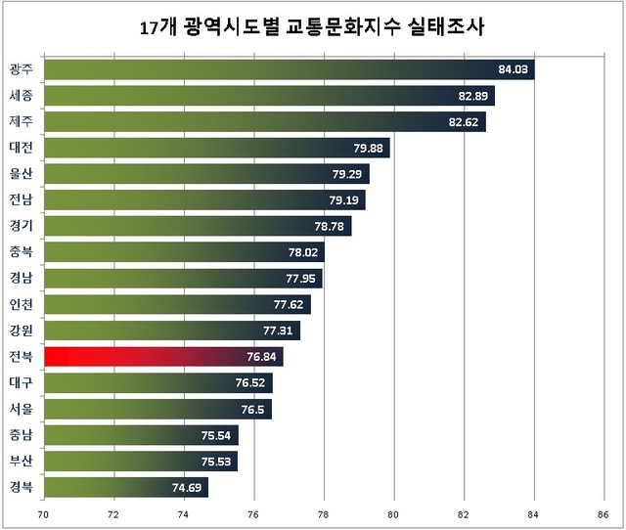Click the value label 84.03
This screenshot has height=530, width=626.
pos(513,69)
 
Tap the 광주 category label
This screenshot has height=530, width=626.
pos(21,69)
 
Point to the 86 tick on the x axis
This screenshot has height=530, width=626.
pos(603,511)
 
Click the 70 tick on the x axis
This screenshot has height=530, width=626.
pos(43,511)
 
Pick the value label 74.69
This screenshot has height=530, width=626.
pos(187,487)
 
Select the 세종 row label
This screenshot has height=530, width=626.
pos(21,96)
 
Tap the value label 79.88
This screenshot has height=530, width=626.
pos(368,149)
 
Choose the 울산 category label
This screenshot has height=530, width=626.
pos(21,174)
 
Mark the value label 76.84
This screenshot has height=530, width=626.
pos(262,357)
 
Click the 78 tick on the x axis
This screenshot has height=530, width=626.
pos(323,511)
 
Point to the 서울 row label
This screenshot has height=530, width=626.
pos(21,409)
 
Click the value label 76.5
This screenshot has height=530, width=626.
pos(252,409)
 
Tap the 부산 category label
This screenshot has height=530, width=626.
pos(21,461)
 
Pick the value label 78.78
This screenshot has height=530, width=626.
pos(330,227)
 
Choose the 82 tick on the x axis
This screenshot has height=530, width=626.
pos(463,511)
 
